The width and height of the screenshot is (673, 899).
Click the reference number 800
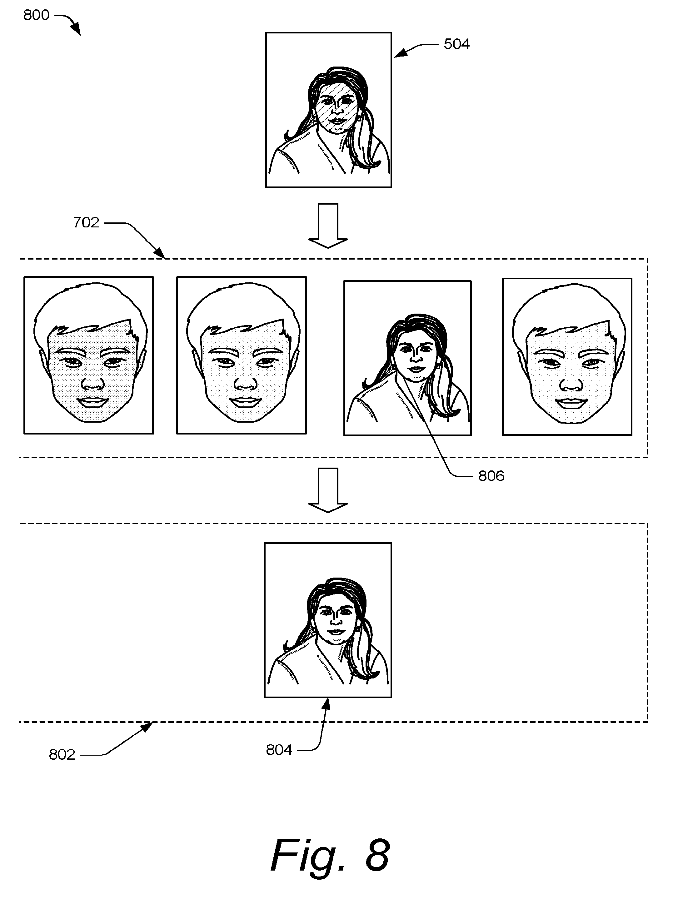point(36,15)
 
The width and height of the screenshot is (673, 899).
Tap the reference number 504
point(456,44)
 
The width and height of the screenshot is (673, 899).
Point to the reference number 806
point(491,476)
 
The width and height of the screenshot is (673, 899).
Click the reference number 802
point(62,755)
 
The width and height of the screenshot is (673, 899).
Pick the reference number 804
point(279,750)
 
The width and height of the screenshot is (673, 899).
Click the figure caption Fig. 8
point(330,855)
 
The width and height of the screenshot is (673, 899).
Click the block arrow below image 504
point(327,226)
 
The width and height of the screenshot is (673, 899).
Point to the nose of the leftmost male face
point(93,383)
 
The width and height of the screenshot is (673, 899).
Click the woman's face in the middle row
point(415,358)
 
